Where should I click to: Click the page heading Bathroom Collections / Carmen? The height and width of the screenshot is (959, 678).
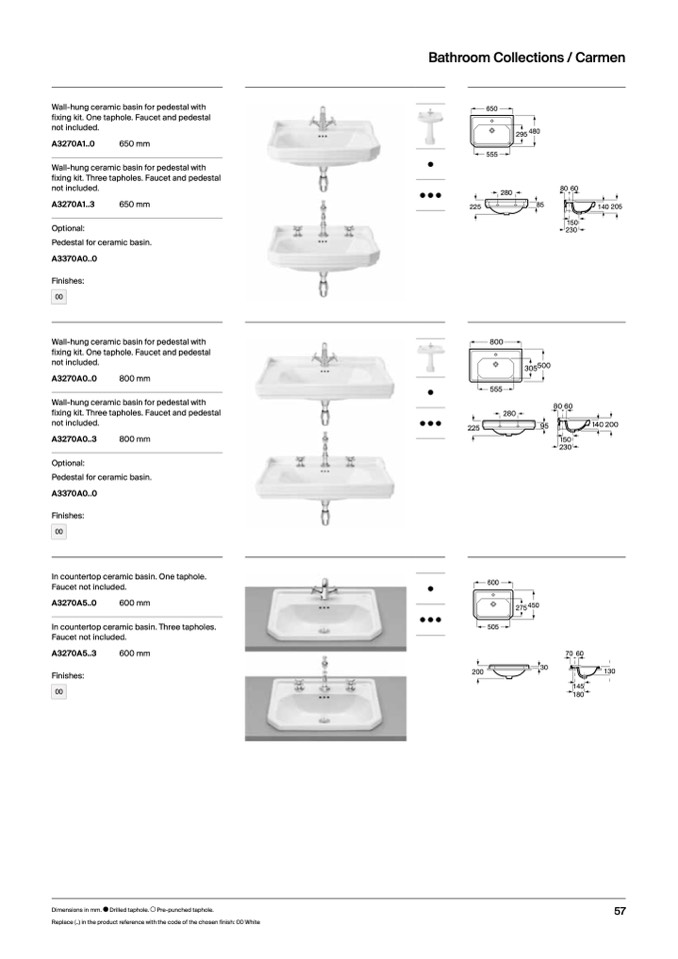pos(526,58)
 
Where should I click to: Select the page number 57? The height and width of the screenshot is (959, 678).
pos(620,911)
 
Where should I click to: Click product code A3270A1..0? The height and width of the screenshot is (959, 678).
pos(73,144)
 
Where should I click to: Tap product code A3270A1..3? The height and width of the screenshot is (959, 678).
pos(73,204)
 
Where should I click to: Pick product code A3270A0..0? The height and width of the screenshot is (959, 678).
pos(73,379)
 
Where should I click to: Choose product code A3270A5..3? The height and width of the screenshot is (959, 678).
pos(73,653)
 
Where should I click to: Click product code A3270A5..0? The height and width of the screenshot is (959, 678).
pos(73,603)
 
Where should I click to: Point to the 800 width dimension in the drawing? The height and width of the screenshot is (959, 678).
pos(496,342)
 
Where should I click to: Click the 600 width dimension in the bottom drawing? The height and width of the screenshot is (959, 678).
pos(492,581)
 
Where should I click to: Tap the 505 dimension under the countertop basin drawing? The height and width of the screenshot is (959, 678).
pos(492,627)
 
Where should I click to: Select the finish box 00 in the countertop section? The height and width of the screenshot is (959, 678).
pos(59,691)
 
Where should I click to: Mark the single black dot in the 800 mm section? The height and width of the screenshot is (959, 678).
pos(429,393)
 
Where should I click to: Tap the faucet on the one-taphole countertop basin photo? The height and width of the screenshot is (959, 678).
pos(323,587)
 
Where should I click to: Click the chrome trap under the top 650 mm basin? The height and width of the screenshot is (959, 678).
pos(323,180)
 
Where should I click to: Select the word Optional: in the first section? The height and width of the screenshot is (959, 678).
pos(68,228)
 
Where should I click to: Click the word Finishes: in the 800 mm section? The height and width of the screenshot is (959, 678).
pos(68,515)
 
